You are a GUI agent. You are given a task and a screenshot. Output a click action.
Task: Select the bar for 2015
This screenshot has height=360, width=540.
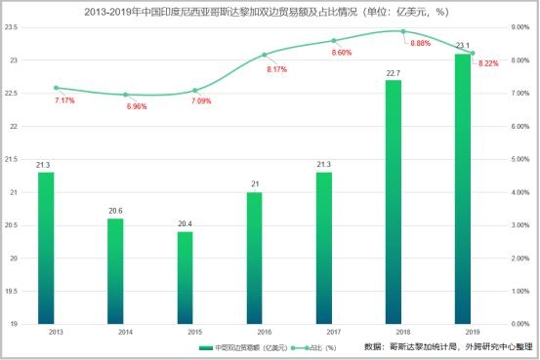tap(185, 277)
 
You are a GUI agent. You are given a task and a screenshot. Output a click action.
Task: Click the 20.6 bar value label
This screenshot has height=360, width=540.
tap(115, 210)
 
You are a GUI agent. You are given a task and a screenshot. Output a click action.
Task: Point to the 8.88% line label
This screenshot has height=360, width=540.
tap(421, 44)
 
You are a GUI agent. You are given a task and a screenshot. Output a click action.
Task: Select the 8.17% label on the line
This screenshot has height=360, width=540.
tap(277, 69)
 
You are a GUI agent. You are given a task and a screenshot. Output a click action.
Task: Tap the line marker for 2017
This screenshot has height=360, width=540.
tap(333, 40)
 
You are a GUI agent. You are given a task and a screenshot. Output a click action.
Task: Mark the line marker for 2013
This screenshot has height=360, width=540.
tap(56, 88)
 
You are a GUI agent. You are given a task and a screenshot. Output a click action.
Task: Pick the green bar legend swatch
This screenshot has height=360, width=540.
tap(205, 346)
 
